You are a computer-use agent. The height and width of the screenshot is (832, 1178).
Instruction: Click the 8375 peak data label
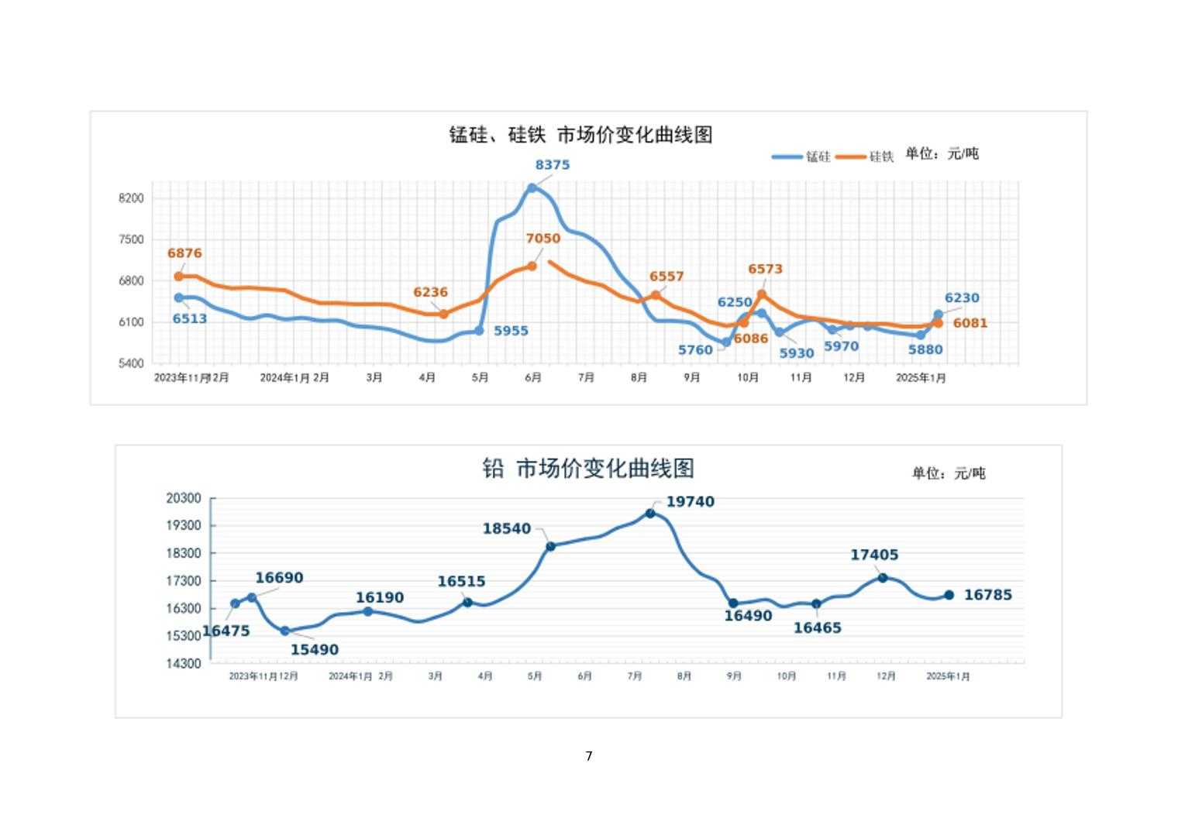click(x=552, y=165)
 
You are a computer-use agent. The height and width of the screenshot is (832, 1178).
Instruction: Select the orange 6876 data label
click(x=184, y=253)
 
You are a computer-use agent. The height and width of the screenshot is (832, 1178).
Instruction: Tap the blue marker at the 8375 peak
click(x=532, y=188)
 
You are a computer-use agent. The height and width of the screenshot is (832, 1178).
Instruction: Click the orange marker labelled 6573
click(x=762, y=294)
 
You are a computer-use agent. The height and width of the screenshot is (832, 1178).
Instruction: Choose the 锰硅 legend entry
click(x=801, y=156)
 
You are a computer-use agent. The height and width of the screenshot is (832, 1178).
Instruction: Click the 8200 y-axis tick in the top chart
click(x=131, y=198)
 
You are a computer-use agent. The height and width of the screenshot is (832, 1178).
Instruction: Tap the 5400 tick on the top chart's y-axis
click(x=131, y=363)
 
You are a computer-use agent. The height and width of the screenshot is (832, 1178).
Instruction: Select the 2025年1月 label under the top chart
click(x=921, y=378)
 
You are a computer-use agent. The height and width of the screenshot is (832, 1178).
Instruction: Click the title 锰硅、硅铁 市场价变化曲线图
click(x=580, y=135)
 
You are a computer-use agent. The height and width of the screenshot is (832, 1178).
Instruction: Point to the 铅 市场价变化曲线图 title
click(x=588, y=469)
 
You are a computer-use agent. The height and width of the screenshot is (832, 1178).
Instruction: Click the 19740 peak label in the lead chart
click(x=690, y=502)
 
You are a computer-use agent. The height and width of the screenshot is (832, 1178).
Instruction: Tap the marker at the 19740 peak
click(x=650, y=514)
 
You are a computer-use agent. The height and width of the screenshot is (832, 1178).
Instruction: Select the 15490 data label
click(x=314, y=650)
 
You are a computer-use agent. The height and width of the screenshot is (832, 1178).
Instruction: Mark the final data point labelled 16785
click(x=949, y=595)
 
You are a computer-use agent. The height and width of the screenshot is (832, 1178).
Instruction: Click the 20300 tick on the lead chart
click(x=184, y=498)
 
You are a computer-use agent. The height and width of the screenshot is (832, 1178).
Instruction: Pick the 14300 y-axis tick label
click(x=184, y=663)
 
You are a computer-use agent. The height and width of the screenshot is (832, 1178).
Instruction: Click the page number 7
click(x=589, y=756)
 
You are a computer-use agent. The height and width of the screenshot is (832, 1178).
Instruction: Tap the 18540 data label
click(x=507, y=529)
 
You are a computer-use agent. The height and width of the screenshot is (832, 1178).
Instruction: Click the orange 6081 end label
click(x=970, y=323)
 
